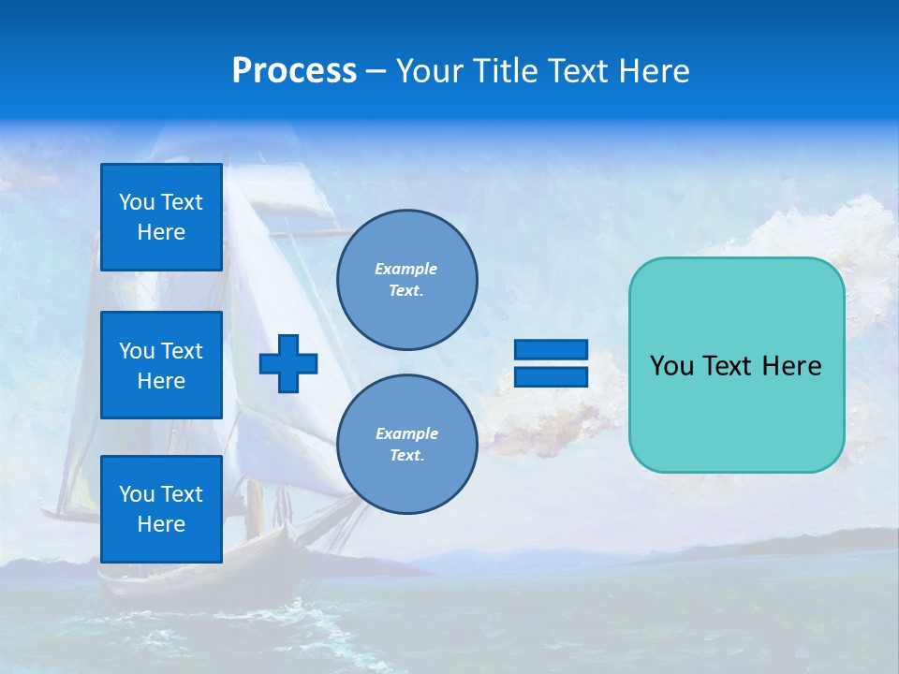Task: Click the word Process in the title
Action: (294, 71)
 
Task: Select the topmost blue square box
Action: (161, 217)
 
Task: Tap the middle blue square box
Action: (161, 365)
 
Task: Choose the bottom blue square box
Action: (161, 509)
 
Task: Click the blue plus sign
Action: (288, 363)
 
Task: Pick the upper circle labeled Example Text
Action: (407, 280)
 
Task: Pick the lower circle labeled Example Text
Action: (407, 445)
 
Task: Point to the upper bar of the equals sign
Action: (551, 350)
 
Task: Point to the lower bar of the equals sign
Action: (551, 376)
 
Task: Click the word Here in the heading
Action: (654, 71)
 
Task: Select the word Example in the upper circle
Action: (405, 269)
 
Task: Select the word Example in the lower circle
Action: (406, 433)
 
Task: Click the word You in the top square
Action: (137, 202)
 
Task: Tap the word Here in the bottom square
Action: (161, 524)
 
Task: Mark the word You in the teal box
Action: (671, 366)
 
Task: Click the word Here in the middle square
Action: (161, 381)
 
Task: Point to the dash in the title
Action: (376, 72)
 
